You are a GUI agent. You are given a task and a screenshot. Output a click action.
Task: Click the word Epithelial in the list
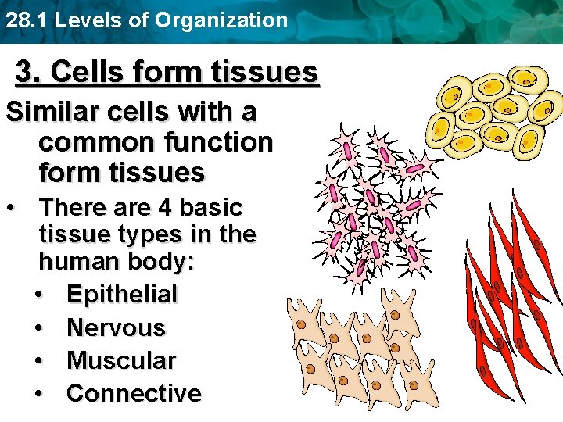coord(122,295)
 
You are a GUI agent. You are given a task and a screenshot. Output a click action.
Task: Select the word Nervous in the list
coord(116,327)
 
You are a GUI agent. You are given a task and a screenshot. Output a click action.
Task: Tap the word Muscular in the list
coord(121,360)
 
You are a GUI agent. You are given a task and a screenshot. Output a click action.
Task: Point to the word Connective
coord(134,393)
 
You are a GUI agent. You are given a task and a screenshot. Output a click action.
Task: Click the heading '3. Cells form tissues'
coord(167,72)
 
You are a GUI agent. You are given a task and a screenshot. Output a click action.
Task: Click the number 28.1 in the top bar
coord(25,20)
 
